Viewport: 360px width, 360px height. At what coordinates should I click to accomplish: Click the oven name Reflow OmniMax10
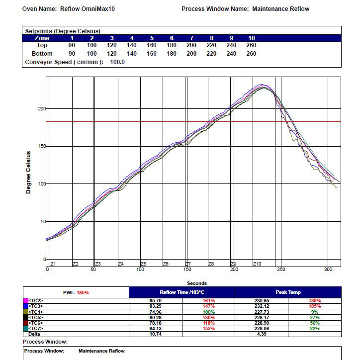coord(87,9)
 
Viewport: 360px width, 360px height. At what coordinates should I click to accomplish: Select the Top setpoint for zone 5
coord(152,45)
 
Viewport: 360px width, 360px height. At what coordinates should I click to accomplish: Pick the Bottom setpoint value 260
coord(251,54)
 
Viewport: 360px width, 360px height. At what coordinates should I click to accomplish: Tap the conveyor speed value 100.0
coord(117,62)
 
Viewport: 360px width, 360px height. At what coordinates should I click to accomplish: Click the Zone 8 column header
coord(211,38)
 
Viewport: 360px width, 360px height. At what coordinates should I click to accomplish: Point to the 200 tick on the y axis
coord(42,108)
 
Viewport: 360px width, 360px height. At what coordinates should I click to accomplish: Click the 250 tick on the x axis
coord(281,270)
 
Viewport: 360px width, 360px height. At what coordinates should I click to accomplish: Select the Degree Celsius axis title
coord(28,173)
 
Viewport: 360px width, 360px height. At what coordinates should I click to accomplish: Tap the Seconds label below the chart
coord(197,283)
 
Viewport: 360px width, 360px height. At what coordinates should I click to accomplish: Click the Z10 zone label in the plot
coord(257,264)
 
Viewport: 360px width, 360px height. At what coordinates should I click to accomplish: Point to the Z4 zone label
coord(121,264)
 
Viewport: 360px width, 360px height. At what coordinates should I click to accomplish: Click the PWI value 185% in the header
coord(83,292)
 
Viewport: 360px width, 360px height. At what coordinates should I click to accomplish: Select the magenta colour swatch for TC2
coord(26,300)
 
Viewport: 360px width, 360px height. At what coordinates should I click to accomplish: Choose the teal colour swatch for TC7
coord(26,329)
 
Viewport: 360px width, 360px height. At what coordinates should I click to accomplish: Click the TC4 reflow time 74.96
coord(156,312)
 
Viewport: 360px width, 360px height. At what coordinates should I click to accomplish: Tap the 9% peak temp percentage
coord(315,312)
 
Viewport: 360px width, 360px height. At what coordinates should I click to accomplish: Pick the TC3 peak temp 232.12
coord(262,306)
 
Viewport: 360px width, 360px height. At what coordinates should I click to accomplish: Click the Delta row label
coord(34,334)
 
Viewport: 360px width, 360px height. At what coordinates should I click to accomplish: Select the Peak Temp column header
coord(288,292)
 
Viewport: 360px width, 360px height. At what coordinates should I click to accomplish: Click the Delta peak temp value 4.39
coord(262,334)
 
